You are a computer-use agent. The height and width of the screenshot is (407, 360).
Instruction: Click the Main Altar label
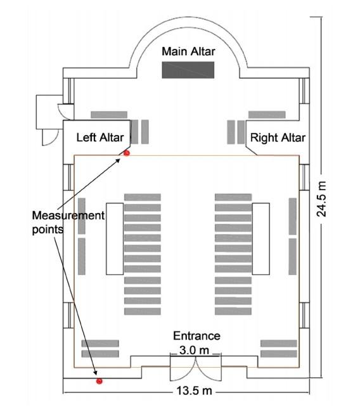188,51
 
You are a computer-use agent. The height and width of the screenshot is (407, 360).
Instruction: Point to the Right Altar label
278,137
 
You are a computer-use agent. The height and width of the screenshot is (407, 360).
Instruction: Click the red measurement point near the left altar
127,153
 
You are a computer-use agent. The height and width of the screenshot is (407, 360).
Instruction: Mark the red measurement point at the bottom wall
99,381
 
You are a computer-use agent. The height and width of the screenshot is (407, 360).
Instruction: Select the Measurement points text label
68,222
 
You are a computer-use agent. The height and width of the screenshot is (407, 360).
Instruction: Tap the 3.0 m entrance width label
196,349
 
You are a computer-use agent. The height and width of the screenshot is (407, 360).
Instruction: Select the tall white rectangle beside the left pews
114,238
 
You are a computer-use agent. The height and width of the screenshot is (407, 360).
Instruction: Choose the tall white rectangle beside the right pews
262,238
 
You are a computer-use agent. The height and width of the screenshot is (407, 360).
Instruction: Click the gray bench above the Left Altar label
109,115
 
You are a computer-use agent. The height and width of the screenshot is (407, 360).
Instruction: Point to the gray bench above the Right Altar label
267,115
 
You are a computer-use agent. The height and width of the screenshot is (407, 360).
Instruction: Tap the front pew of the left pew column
143,197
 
